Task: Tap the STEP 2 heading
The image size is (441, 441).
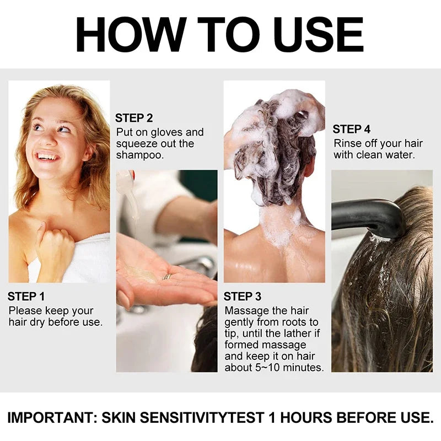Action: tap(134, 117)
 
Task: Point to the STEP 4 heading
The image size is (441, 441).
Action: tap(351, 130)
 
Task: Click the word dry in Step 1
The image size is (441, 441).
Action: tap(38, 322)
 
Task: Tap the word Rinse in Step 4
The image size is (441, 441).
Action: tap(347, 144)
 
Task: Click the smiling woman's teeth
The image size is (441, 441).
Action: tap(47, 157)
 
